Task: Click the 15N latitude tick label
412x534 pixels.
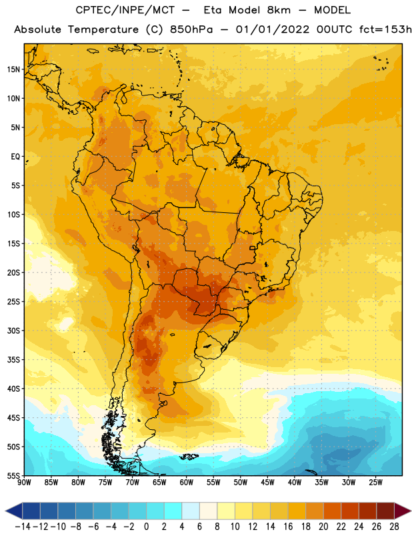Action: (x=13, y=69)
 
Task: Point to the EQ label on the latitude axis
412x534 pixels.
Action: (x=15, y=157)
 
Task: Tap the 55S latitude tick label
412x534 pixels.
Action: (x=13, y=476)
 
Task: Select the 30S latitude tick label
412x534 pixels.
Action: (x=13, y=330)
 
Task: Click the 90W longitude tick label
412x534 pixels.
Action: (x=24, y=483)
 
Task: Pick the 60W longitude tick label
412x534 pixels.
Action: (x=187, y=483)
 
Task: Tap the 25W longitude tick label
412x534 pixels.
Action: (x=375, y=483)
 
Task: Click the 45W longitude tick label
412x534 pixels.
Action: (x=267, y=483)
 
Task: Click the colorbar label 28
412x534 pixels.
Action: (x=394, y=527)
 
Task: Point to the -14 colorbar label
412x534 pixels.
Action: (x=23, y=527)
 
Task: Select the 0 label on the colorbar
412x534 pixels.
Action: (x=146, y=527)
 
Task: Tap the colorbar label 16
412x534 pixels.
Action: (x=288, y=527)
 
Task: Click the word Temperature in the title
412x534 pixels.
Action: (x=103, y=29)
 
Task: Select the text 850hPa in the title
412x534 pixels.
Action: (x=191, y=29)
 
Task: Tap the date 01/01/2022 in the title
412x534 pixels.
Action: (x=273, y=29)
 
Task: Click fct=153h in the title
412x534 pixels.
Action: (x=385, y=29)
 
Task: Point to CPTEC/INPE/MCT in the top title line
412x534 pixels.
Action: (x=125, y=10)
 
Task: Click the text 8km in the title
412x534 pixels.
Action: (x=279, y=10)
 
